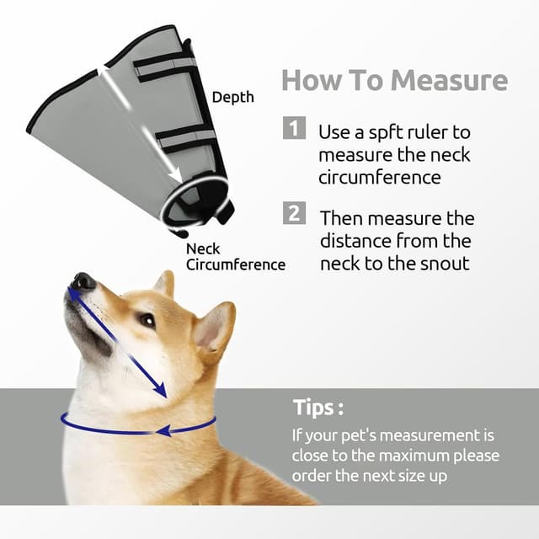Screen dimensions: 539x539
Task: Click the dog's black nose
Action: [83, 280]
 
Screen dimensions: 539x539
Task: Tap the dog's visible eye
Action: [148, 321]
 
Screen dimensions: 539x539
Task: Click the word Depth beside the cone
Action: [233, 98]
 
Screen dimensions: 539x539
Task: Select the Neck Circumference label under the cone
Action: [236, 257]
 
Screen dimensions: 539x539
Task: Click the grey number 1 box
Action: [294, 128]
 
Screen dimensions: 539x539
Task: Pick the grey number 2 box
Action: [294, 213]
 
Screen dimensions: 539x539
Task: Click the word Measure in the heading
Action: [449, 80]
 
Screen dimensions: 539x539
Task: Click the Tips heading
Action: [318, 408]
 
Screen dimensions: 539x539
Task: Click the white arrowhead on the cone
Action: [177, 175]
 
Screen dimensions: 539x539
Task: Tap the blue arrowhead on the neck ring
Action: [163, 430]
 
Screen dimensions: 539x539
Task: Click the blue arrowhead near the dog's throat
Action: [160, 391]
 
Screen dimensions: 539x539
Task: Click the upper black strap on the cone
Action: [164, 65]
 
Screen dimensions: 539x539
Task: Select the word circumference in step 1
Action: [380, 178]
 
